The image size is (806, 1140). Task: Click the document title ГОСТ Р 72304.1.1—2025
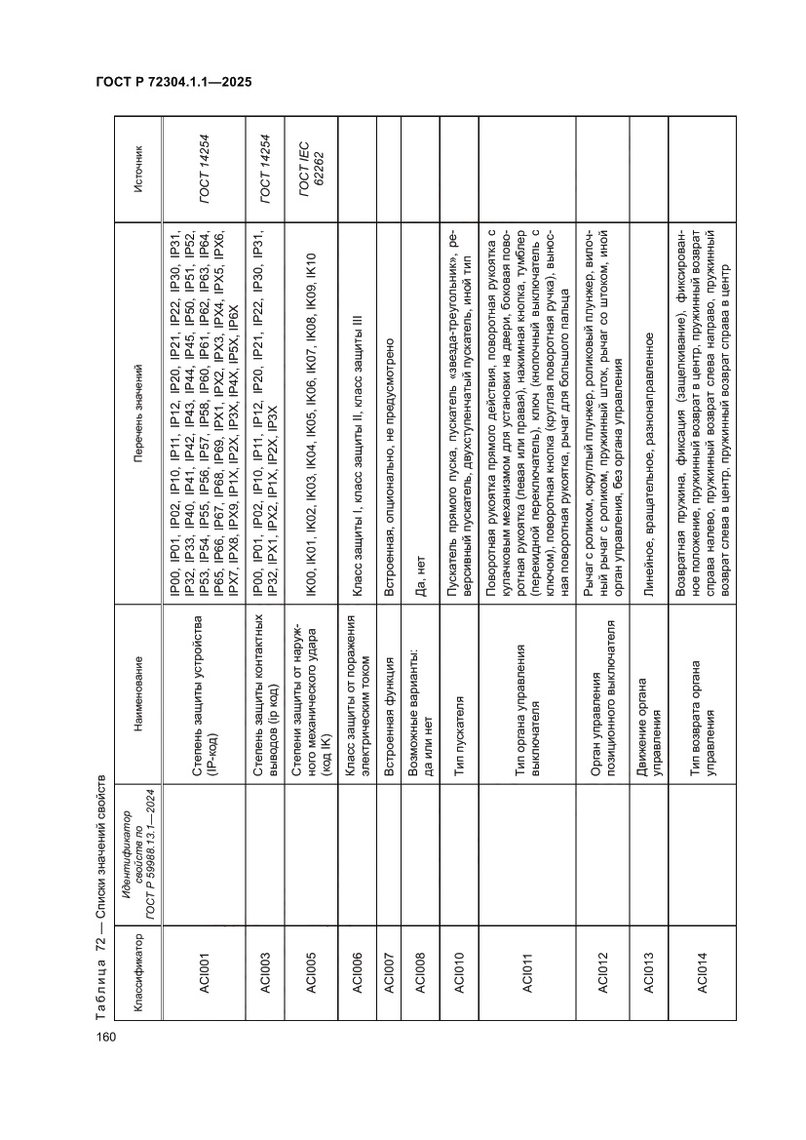173,83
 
